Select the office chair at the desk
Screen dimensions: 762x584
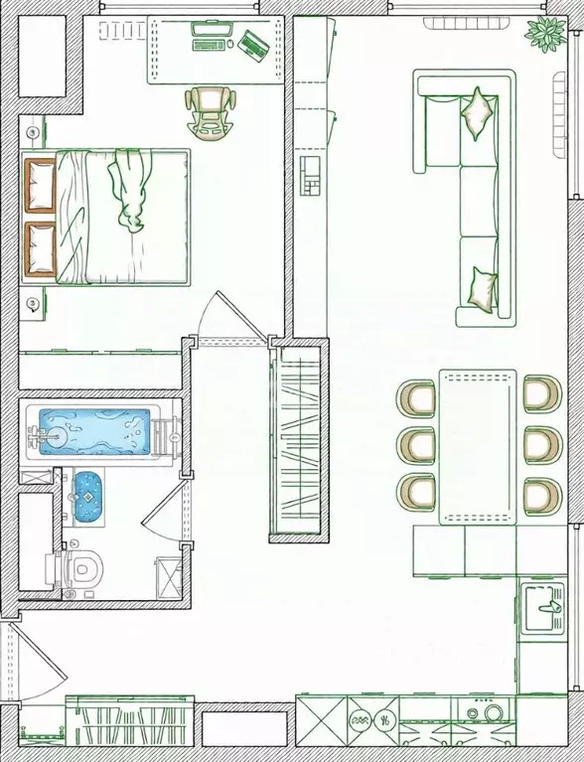[x=211, y=110]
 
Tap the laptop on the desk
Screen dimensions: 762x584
[x=251, y=43]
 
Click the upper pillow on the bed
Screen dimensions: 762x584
[x=40, y=186]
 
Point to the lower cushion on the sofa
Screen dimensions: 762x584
[x=483, y=288]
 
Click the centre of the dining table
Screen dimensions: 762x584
[x=478, y=446]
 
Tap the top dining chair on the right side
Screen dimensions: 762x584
[x=539, y=393]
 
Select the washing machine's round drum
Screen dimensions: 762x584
[x=488, y=712]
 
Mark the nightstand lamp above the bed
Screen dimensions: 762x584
[x=33, y=132]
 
